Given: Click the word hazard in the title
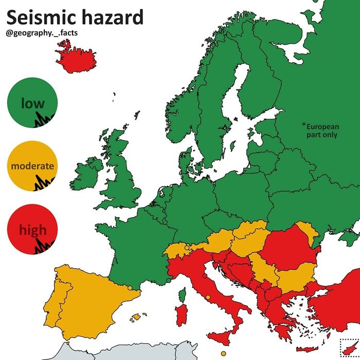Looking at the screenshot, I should click(x=113, y=17).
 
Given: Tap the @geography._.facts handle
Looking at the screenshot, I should click(x=43, y=34).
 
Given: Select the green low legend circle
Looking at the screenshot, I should click(x=32, y=102).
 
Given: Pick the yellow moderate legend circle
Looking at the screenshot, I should click(x=32, y=166).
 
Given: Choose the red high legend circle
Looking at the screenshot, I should click(x=32, y=229).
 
